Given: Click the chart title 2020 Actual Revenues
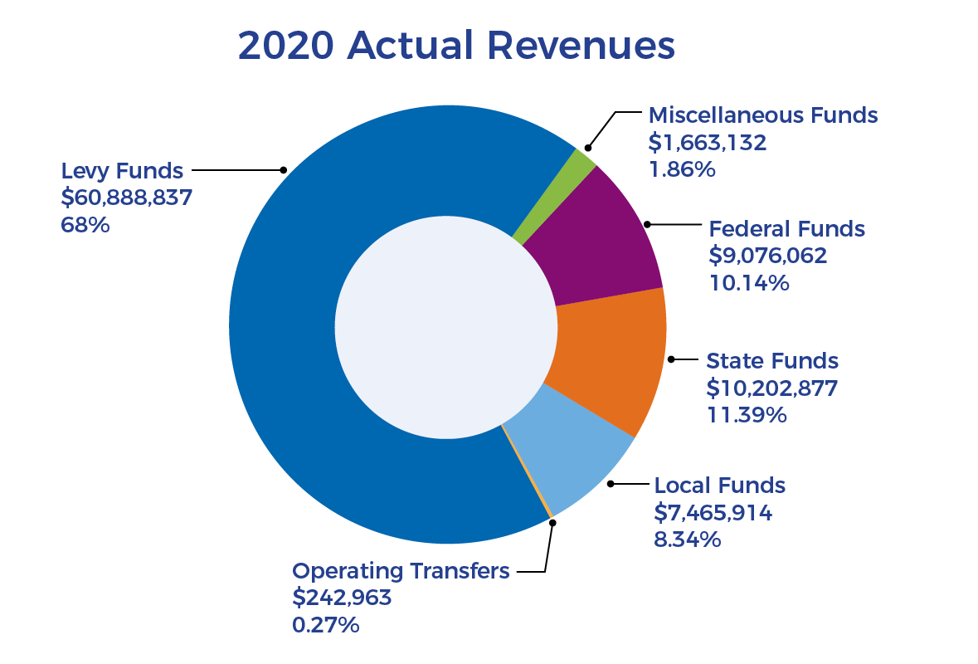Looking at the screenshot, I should [455, 46].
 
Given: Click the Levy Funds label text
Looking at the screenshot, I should [122, 171].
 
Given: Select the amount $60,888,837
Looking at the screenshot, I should [127, 198].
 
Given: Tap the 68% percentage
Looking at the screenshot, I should [85, 224].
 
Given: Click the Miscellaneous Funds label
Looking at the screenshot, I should [762, 115].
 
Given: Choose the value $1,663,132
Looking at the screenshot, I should [707, 142].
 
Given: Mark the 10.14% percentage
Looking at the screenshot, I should [749, 283].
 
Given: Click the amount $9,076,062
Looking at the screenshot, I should [768, 256].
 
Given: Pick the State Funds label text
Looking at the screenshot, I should [772, 361].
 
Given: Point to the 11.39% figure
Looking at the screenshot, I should [746, 414].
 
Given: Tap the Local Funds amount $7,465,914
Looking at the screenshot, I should [713, 513].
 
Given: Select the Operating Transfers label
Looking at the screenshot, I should [401, 571].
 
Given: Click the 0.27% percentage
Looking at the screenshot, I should [325, 624].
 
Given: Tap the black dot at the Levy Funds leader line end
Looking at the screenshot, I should [283, 170].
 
